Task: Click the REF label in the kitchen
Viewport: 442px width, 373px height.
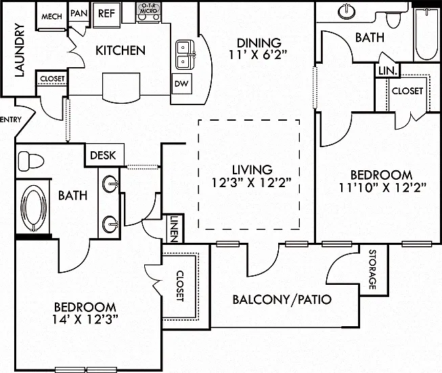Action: click(x=106, y=14)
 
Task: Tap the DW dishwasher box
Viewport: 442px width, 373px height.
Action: click(x=181, y=83)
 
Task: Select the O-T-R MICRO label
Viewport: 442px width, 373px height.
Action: click(x=148, y=8)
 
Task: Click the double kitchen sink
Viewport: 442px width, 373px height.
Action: click(x=185, y=54)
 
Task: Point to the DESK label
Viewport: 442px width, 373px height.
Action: click(x=103, y=155)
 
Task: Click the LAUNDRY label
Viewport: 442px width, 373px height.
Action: click(x=20, y=50)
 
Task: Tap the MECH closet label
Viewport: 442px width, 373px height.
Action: click(x=51, y=17)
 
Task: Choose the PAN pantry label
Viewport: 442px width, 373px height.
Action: click(x=79, y=13)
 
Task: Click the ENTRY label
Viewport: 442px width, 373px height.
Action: click(x=11, y=119)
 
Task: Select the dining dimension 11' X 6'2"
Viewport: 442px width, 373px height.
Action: click(x=258, y=55)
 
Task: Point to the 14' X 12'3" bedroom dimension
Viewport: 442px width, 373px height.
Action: click(x=85, y=319)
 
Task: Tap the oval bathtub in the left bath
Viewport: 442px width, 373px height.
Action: click(x=34, y=208)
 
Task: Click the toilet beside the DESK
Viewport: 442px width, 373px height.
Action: click(x=30, y=161)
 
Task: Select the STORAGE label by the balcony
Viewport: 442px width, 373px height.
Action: click(x=373, y=269)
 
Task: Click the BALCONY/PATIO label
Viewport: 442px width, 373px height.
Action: click(x=282, y=299)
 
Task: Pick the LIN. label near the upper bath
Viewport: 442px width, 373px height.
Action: click(x=388, y=71)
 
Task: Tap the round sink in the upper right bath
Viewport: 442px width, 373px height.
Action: click(x=347, y=11)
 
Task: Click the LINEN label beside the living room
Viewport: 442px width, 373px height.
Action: click(x=174, y=229)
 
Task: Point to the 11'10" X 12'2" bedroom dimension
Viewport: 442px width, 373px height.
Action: click(x=382, y=187)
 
